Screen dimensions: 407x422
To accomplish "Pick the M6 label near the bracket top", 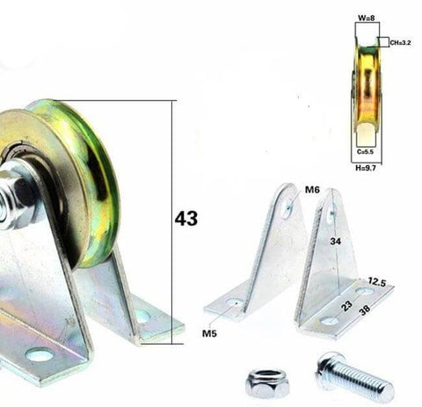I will point(311,189).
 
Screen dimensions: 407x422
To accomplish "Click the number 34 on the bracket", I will point(336,240).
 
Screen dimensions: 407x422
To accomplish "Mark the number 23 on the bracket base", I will point(347,306).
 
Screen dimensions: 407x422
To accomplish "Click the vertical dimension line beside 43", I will point(173,220).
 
